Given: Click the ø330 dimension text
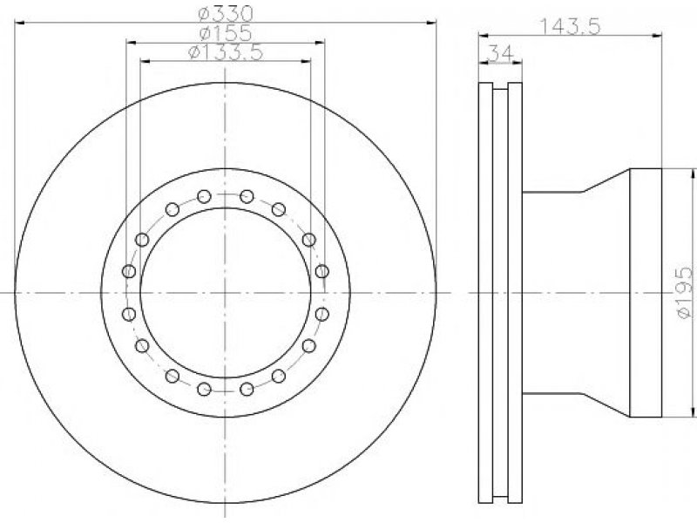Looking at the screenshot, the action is point(226,13).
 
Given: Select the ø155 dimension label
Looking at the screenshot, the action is point(226,33).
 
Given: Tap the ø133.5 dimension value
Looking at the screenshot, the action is point(226,52).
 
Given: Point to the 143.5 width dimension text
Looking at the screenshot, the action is point(570,26).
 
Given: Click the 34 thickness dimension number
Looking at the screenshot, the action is point(500,53).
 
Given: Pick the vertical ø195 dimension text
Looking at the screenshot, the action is point(685,292).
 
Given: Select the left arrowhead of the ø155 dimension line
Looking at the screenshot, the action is point(132,42).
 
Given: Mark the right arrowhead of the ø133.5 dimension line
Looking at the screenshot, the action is point(305,61).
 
